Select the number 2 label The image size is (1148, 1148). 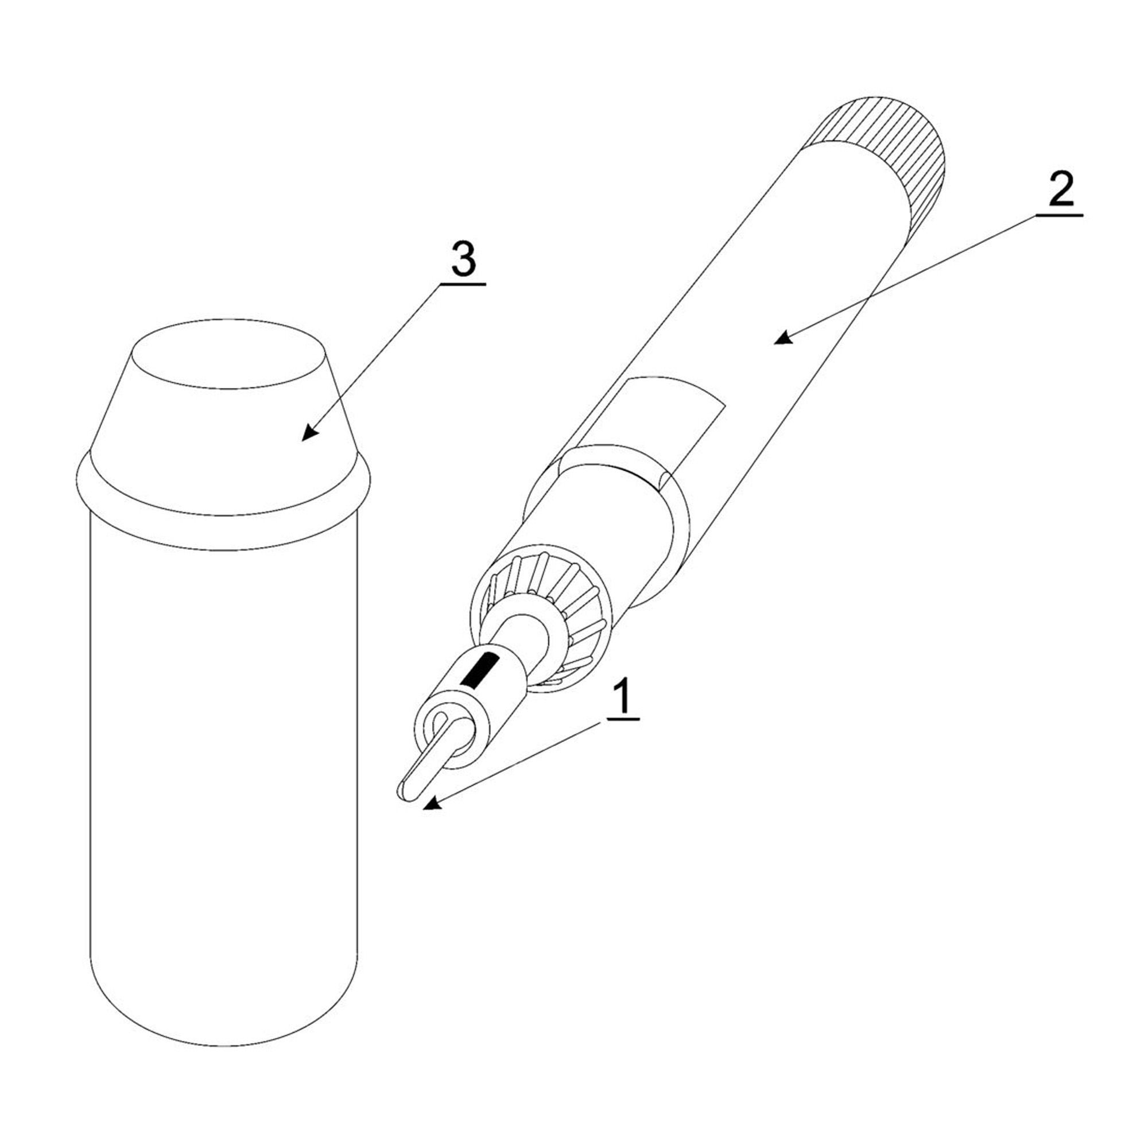1061,189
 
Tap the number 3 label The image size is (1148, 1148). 463,259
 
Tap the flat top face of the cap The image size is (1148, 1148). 230,354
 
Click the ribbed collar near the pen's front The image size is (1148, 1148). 541,618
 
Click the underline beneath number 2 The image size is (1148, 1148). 1060,215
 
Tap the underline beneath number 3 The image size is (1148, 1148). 462,285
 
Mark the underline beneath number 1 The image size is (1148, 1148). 622,720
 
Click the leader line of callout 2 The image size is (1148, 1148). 909,276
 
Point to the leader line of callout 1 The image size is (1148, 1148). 517,763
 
